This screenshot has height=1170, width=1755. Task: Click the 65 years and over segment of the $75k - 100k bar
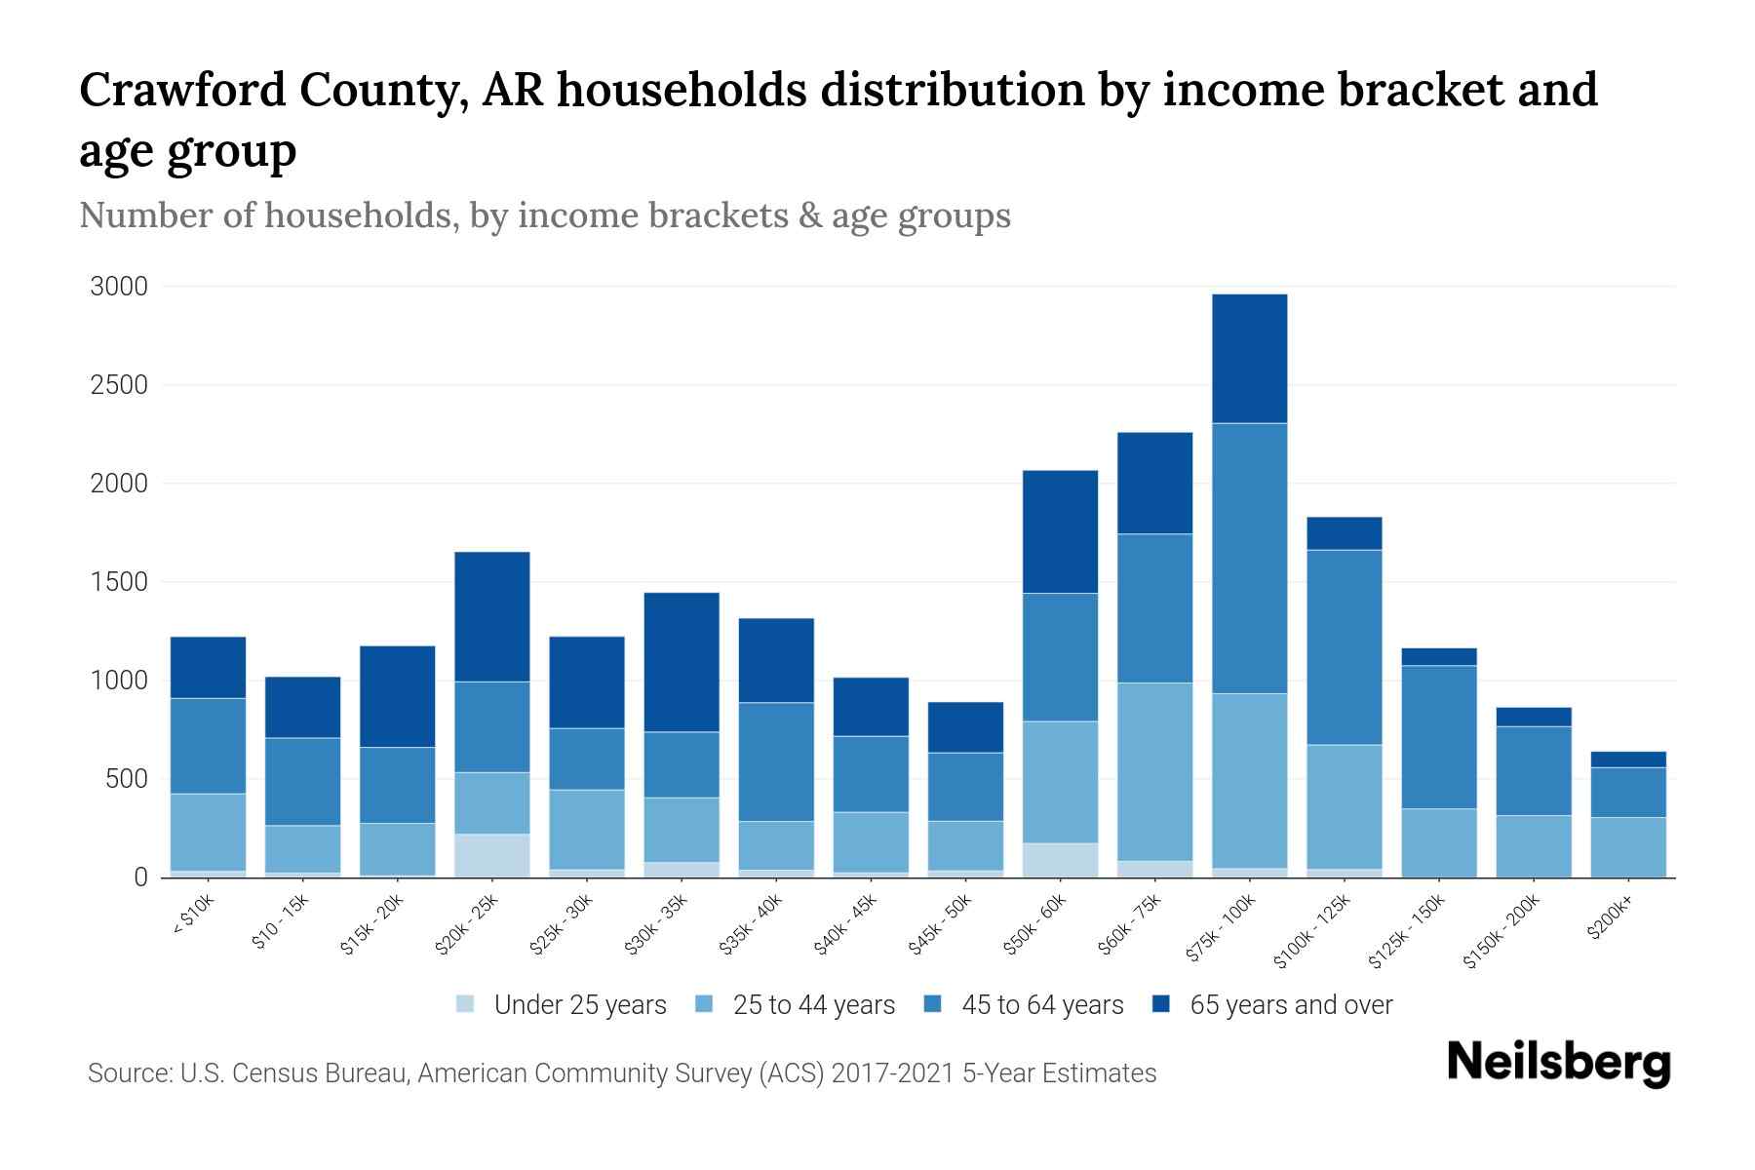1249,359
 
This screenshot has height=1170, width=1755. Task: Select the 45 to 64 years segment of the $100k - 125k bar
1344,647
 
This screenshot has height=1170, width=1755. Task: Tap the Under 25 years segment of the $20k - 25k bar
491,855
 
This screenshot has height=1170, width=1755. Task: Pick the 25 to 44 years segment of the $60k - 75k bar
1154,771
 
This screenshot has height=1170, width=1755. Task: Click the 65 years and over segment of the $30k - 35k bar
681,662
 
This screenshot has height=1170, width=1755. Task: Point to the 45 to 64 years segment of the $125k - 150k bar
1438,737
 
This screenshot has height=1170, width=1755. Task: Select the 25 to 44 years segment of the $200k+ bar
1627,846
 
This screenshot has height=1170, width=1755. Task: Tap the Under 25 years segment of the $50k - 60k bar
1060,860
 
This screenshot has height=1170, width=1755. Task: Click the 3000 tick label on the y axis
119,287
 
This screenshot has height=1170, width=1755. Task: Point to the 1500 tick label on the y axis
119,582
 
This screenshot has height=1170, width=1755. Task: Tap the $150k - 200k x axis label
1501,935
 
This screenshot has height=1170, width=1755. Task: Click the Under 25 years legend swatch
465,1004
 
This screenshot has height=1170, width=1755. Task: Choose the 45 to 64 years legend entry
1041,1004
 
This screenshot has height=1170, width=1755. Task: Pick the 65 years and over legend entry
1290,1004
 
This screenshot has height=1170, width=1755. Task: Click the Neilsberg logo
1558,1062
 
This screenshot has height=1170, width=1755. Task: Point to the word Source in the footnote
127,1073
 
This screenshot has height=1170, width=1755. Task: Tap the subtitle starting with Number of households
544,215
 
